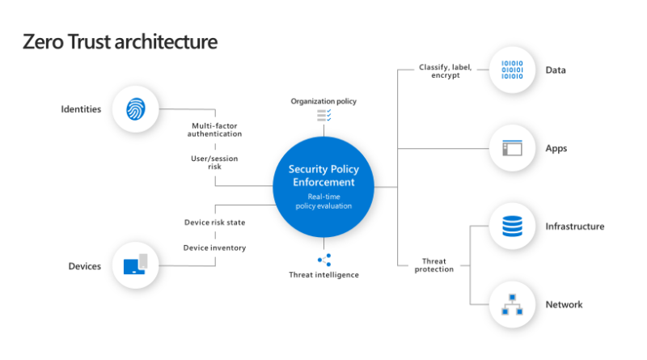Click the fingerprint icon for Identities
coord(135,109)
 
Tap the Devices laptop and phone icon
coord(135,265)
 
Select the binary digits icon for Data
coord(512,70)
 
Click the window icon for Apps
coord(512,148)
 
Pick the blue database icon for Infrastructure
coord(512,226)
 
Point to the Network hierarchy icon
coord(512,304)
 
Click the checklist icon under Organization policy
coord(324,115)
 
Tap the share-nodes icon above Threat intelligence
coord(324,260)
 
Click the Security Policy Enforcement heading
coord(323,176)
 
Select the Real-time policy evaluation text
coord(323,201)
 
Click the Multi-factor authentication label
coord(214,129)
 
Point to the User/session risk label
coord(214,163)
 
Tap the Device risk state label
coord(214,222)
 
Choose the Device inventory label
coord(214,248)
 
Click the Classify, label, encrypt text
coord(446,71)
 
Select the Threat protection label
coord(434,265)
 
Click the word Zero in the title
coord(44,42)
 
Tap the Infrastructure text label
coord(575,227)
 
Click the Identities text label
coord(81,109)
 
